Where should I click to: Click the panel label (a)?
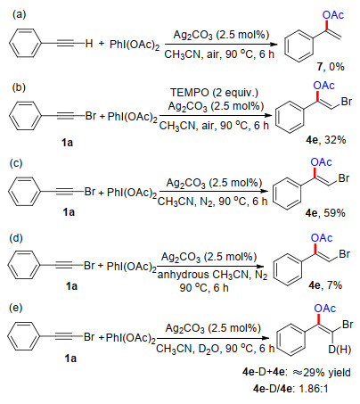point(19,14)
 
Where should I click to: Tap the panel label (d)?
point(16,238)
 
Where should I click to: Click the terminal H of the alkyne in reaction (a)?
point(89,44)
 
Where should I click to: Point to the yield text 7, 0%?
point(331,67)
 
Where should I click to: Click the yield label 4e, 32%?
point(326,140)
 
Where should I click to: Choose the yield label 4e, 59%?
point(325,213)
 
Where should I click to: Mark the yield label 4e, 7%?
point(325,285)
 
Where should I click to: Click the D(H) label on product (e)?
point(340,350)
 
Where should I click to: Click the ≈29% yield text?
point(322,373)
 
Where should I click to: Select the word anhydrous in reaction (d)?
point(183,275)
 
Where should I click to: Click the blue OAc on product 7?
point(333,15)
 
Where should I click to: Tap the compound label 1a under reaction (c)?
point(69,212)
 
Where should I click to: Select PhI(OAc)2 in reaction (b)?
point(132,117)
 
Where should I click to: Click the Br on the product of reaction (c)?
point(344,178)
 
